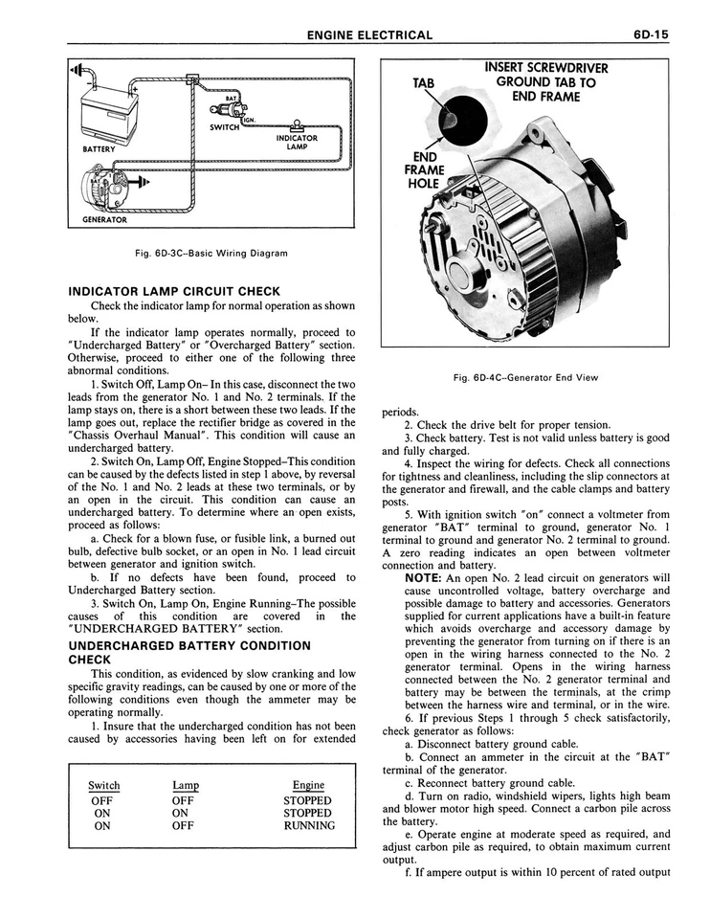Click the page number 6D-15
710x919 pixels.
point(650,35)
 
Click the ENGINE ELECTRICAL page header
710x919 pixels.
point(369,35)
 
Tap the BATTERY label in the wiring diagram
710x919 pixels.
point(100,149)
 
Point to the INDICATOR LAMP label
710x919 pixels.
point(297,142)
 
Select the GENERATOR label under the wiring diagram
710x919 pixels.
point(104,219)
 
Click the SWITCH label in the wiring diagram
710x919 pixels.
point(224,126)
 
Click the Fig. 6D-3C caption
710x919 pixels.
point(212,254)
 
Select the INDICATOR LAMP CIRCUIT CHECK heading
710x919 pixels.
point(174,291)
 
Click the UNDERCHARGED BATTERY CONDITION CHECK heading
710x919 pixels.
point(189,653)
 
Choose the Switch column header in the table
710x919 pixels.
point(104,785)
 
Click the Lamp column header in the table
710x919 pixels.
point(186,785)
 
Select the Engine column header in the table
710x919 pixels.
point(308,785)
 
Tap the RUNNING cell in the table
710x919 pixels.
point(308,825)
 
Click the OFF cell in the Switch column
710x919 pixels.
point(101,800)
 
